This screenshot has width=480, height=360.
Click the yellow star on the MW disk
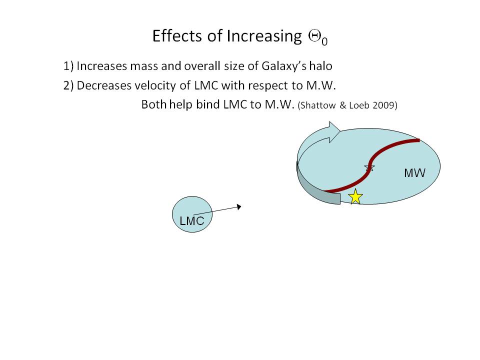click(355, 196)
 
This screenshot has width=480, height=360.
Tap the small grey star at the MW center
click(369, 167)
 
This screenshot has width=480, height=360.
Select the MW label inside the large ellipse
click(414, 173)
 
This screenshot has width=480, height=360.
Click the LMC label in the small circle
click(192, 221)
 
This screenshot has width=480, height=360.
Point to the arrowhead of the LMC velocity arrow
click(239, 206)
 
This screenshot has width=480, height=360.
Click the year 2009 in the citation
click(384, 106)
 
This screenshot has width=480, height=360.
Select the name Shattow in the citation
click(318, 106)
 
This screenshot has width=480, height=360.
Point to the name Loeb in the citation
click(360, 106)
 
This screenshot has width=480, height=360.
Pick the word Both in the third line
click(153, 105)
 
